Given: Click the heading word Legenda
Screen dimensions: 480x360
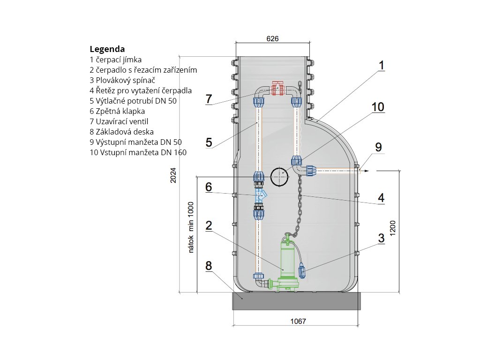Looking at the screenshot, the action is click(107, 49).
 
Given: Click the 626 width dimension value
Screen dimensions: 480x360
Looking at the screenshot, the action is click(272, 39).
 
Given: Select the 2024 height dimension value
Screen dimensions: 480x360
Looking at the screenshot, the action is click(173, 175).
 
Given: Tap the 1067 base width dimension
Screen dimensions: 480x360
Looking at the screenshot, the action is click(297, 322).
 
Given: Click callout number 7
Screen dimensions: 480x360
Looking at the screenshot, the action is click(209, 99).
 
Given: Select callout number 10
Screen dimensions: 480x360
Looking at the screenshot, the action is click(378, 107).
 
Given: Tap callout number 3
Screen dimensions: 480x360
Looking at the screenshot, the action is click(381, 237).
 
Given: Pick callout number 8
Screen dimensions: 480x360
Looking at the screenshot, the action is click(209, 266).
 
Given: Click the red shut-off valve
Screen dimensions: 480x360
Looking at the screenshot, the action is click(278, 88).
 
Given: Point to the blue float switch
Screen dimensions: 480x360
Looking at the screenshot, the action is click(303, 270).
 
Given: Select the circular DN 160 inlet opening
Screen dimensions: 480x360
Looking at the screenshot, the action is click(280, 177).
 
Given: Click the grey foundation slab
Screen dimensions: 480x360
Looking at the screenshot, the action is click(296, 301).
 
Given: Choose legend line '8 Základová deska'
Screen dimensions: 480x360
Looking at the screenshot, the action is click(121, 132).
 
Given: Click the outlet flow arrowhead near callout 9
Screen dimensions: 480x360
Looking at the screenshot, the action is click(367, 171).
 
